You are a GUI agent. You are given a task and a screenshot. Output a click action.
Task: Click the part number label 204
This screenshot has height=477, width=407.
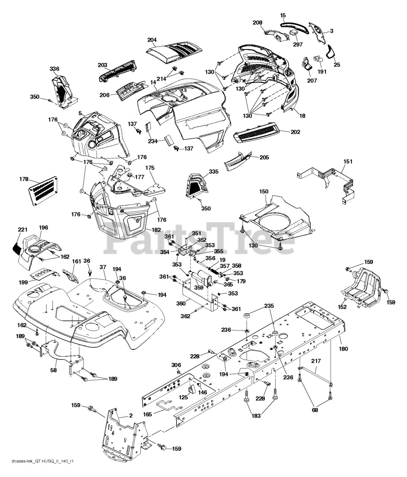point(152,40)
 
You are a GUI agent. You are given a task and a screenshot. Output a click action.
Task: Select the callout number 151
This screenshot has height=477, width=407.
point(348,161)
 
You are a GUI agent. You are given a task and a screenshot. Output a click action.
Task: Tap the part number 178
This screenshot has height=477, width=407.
point(24,179)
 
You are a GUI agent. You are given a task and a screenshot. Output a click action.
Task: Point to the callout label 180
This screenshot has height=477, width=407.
point(344,349)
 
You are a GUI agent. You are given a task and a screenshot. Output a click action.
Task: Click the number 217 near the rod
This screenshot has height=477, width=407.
point(316,361)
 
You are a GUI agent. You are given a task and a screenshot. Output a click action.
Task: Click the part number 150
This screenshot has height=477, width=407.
point(264,191)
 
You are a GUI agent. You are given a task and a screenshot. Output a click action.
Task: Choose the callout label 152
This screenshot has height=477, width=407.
point(342,307)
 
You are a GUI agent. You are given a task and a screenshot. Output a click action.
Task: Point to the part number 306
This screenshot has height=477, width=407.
point(176,365)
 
